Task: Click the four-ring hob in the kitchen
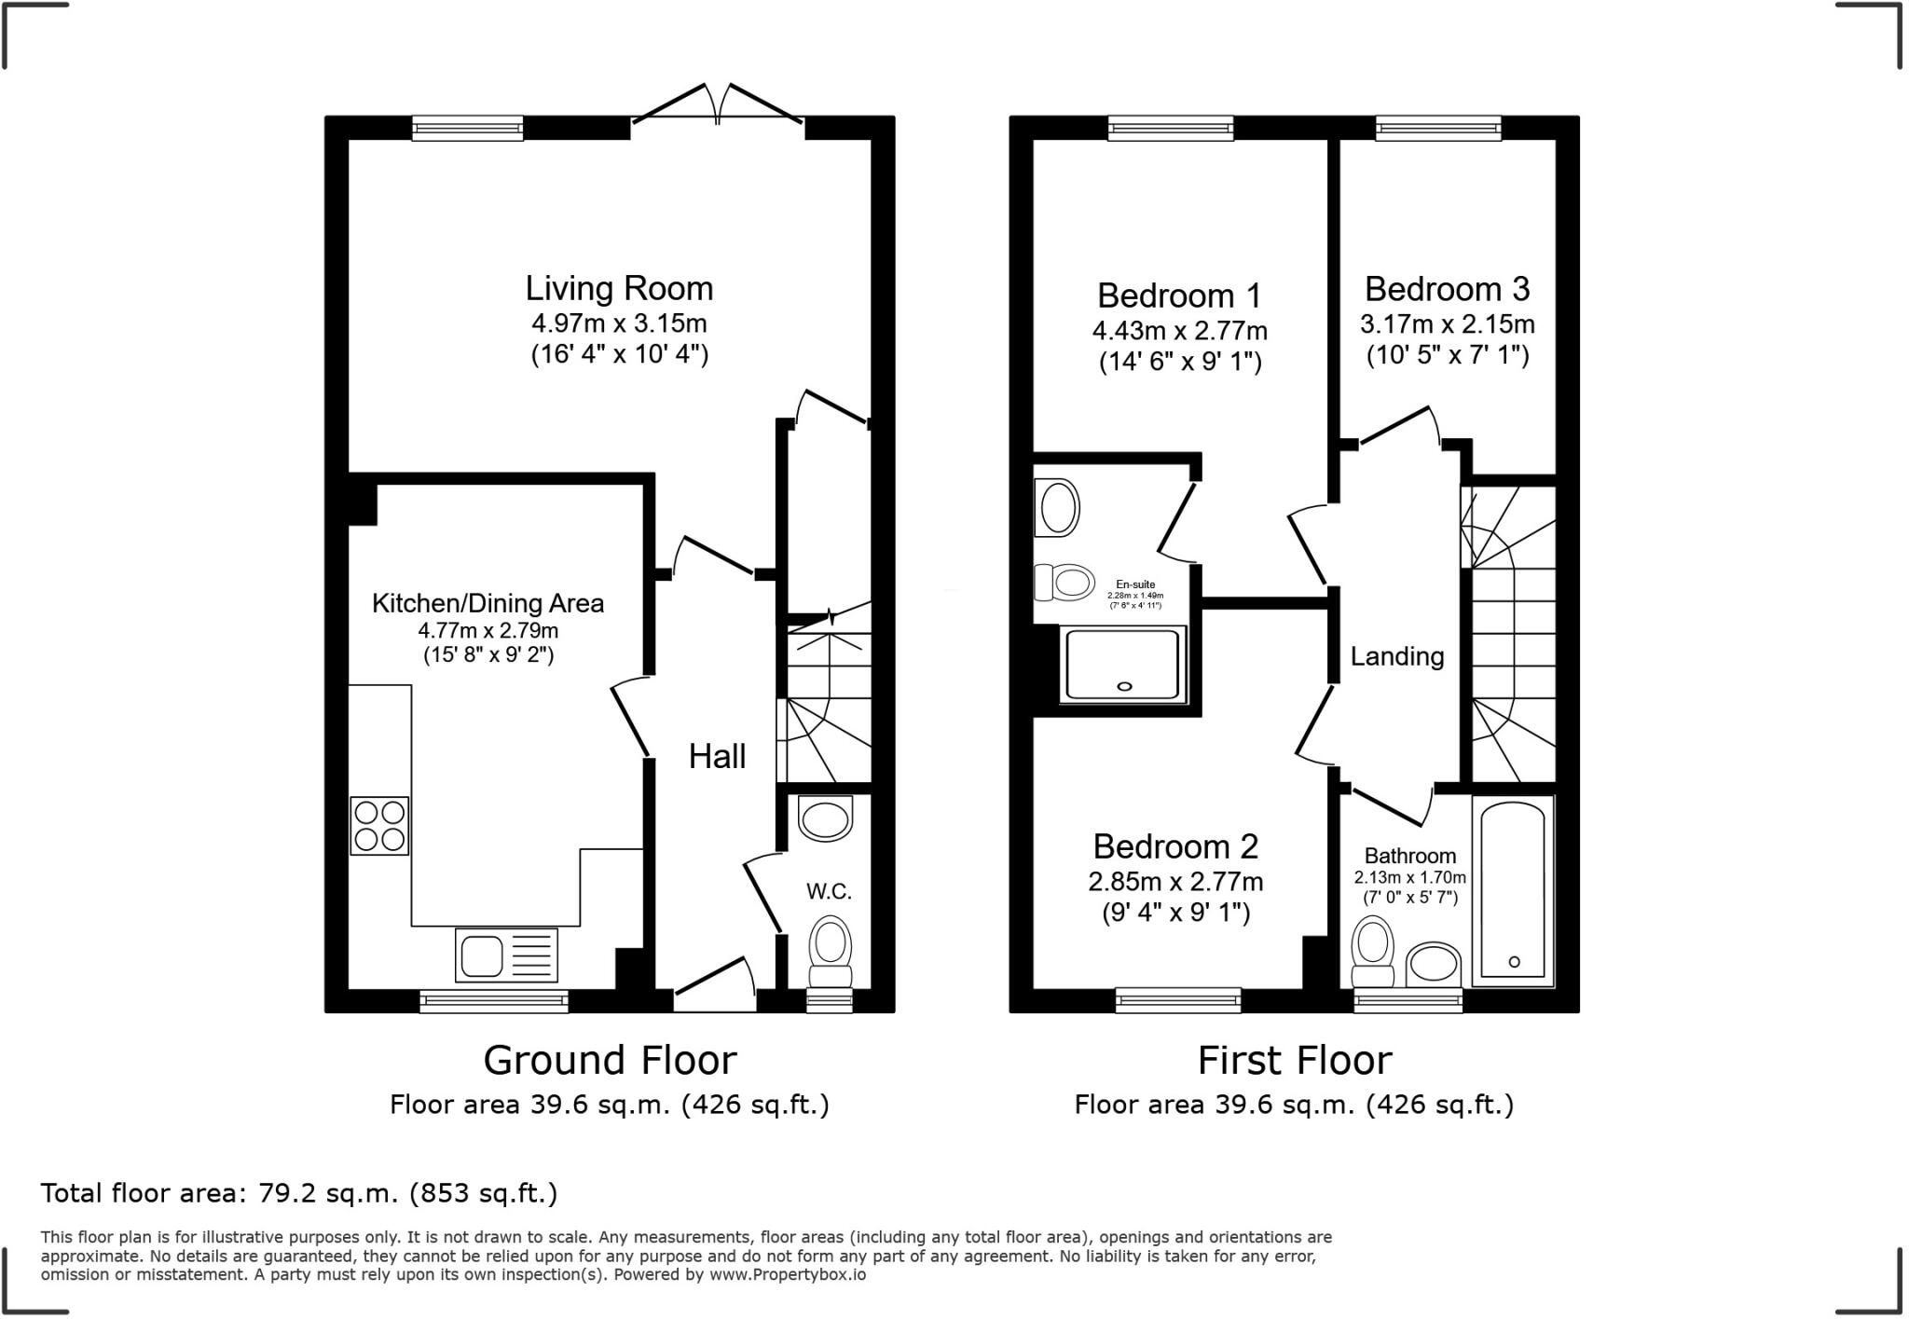coord(379,826)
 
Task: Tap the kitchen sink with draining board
coord(506,955)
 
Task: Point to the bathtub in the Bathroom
coord(1512,889)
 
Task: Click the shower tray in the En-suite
coord(1123,665)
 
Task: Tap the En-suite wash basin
coord(1057,509)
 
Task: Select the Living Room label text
coord(619,289)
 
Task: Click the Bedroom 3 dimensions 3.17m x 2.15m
coord(1447,324)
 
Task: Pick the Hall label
coord(717,756)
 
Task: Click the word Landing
coord(1396,656)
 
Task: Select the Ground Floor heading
coord(610,1061)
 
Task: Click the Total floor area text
coord(298,1193)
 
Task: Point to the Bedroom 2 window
coord(1177,1000)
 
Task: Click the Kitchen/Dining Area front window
coord(493,1001)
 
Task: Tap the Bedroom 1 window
coord(1170,128)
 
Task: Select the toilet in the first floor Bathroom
coord(1371,951)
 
